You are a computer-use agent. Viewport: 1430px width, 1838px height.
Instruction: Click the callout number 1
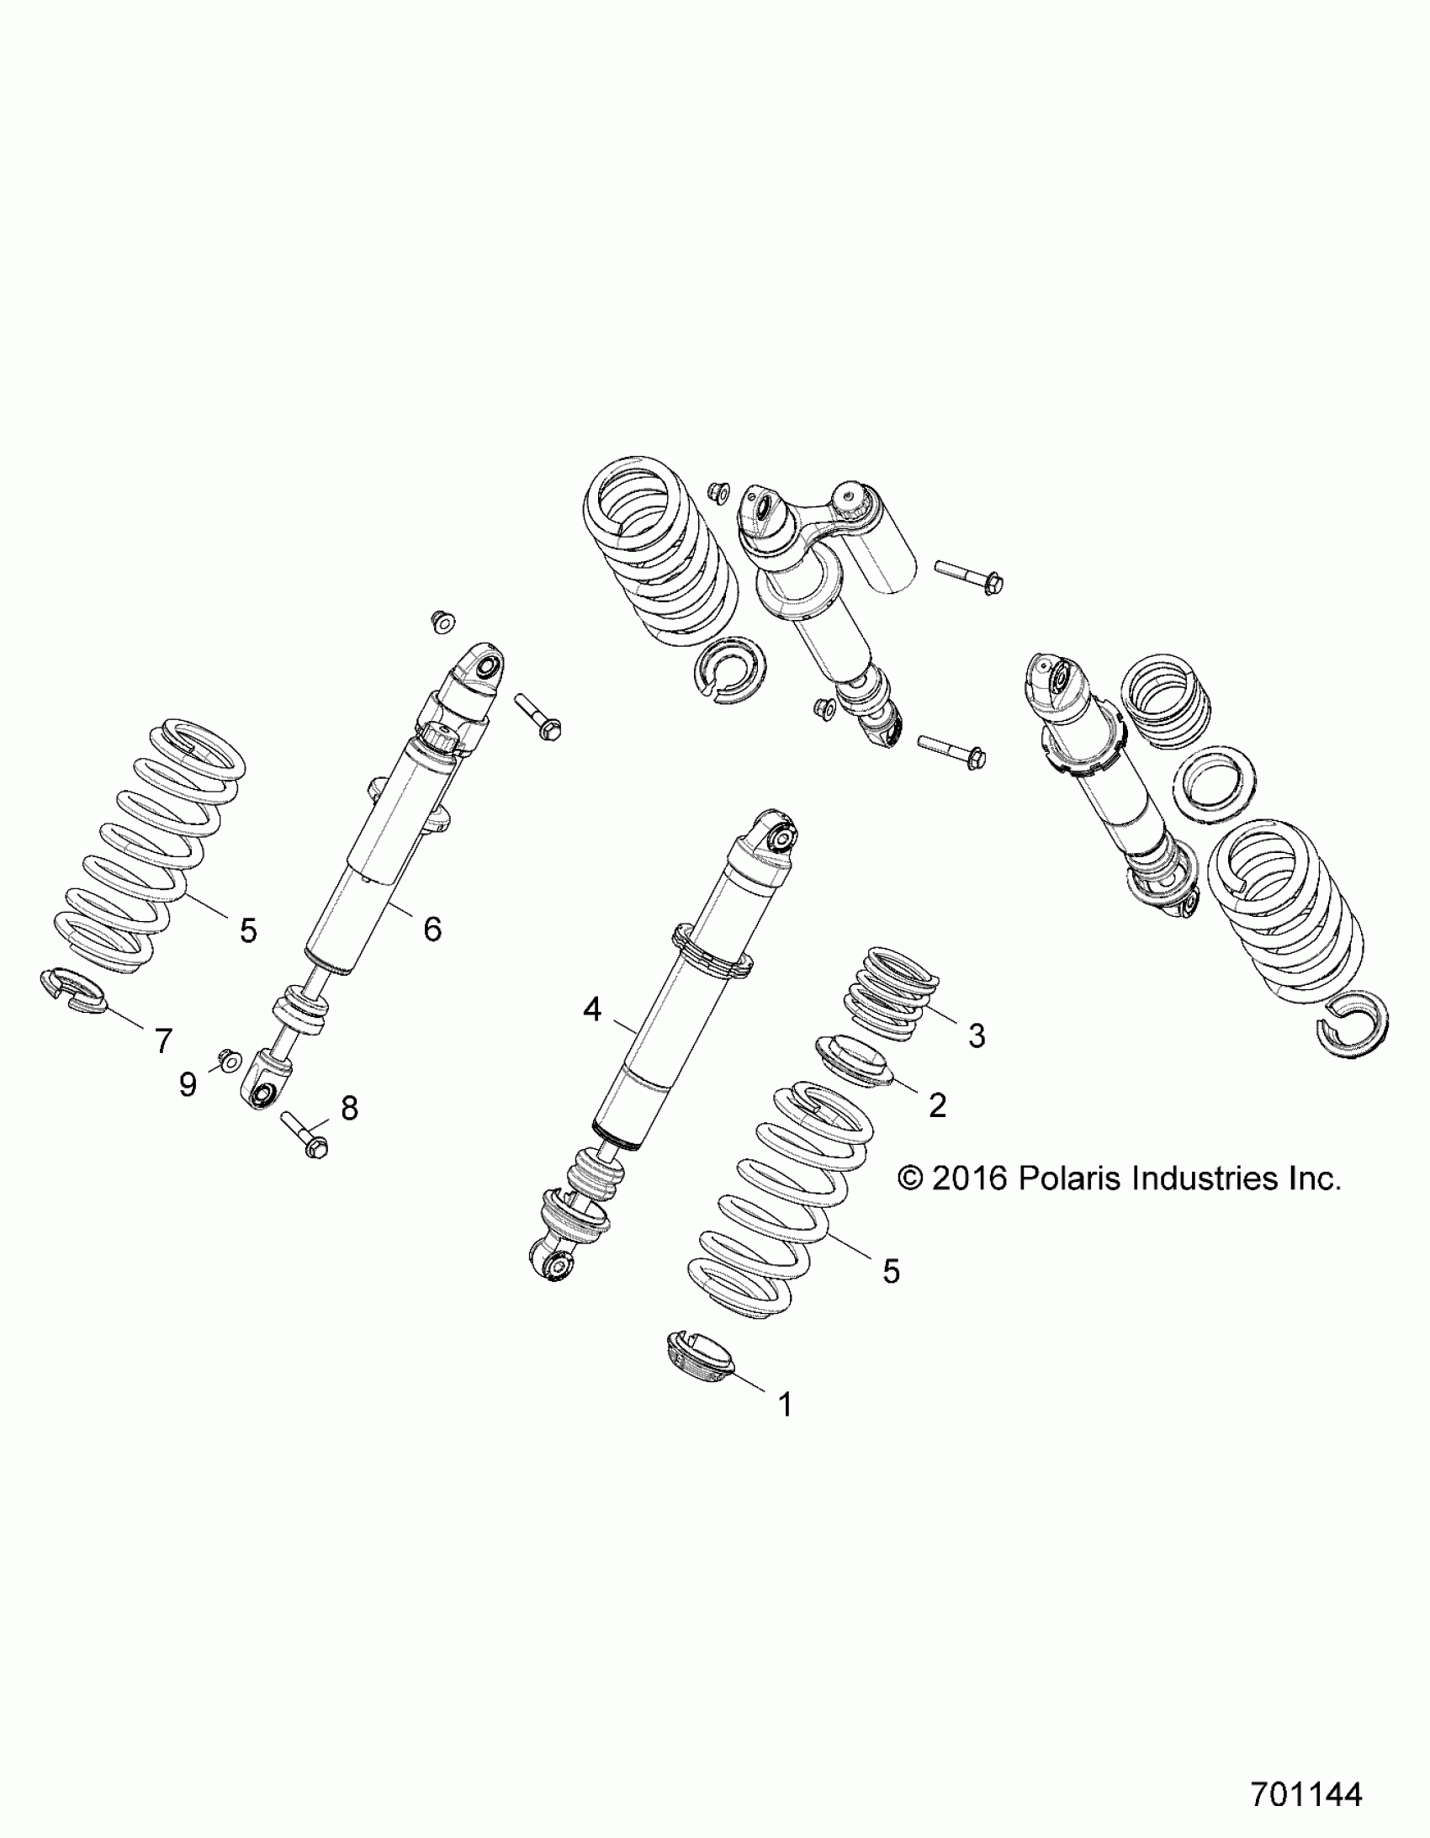tap(786, 1404)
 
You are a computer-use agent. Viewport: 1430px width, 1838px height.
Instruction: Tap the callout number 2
tap(937, 1105)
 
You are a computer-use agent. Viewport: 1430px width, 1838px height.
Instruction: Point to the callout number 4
tap(592, 1009)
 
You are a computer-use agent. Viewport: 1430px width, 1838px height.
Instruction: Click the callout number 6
tap(432, 930)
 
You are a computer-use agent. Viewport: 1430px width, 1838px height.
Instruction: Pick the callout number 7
tap(163, 1041)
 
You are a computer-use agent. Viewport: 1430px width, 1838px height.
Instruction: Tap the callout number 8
tap(348, 1109)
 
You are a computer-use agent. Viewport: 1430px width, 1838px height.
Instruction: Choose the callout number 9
tap(188, 1085)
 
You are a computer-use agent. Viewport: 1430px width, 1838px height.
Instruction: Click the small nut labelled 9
tap(229, 1060)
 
